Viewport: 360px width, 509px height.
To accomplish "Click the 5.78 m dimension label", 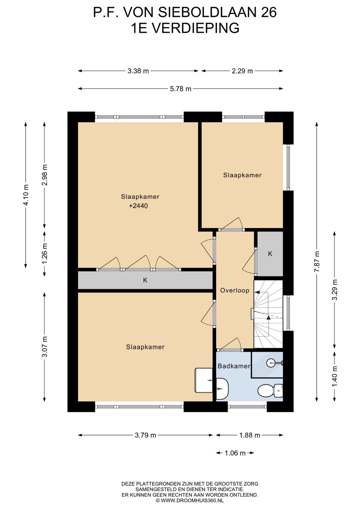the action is (181, 89).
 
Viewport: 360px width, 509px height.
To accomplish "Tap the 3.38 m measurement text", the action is (138, 71).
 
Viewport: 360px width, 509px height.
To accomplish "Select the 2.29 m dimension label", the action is (242, 71).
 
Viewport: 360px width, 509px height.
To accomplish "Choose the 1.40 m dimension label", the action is (335, 377).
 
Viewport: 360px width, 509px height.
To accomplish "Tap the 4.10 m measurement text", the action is (26, 195).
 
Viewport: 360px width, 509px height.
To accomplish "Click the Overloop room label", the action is (235, 291).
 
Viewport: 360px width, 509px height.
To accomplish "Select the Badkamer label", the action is (234, 366).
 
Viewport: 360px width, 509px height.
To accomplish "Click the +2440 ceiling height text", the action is (138, 206).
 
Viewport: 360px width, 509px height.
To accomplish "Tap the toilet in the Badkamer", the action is (270, 391).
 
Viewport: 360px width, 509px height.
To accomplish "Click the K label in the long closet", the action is (145, 280).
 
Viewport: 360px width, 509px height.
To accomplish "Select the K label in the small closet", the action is (270, 254).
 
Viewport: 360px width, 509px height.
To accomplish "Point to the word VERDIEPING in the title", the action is (195, 28).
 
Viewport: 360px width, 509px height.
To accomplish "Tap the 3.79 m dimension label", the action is (145, 435).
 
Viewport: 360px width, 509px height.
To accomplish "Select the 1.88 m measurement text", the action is (249, 435).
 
